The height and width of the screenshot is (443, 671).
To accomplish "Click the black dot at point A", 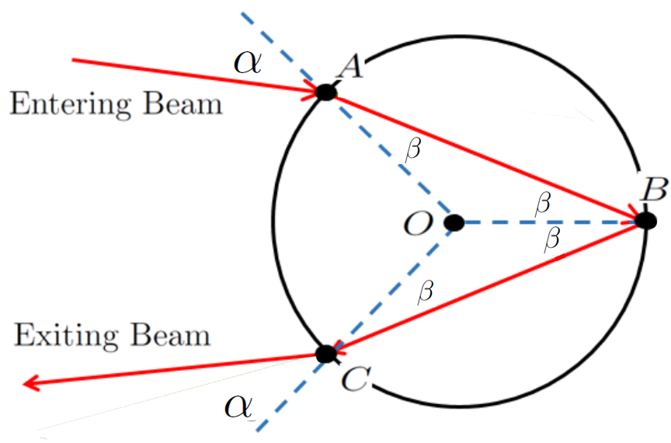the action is (x=326, y=92).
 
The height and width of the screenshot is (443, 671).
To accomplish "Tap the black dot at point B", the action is (x=645, y=221).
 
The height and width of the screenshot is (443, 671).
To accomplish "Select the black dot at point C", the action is (x=326, y=354).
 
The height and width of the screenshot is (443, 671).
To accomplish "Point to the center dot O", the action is (x=454, y=223).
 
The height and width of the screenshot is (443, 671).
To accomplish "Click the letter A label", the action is (x=350, y=67).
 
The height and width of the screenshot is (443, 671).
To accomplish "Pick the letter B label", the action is (x=655, y=189).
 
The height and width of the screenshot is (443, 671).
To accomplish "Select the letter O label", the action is (x=418, y=224).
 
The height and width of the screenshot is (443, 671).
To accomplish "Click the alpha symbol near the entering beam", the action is (x=247, y=64).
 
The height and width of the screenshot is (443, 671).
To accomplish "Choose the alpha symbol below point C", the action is (x=238, y=406).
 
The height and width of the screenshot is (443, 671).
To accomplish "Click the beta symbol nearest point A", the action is (x=413, y=150).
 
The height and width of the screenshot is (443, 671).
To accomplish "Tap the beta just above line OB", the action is (x=543, y=203).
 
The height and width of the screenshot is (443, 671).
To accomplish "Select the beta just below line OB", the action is (x=552, y=239).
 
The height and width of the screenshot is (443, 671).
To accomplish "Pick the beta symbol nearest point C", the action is (x=426, y=292).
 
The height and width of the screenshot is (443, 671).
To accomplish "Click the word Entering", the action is (x=70, y=105).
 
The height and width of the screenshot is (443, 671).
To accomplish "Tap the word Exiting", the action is (x=66, y=336).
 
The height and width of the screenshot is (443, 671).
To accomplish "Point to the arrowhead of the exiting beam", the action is (x=31, y=383).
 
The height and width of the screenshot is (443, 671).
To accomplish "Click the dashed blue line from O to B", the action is (x=550, y=222).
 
